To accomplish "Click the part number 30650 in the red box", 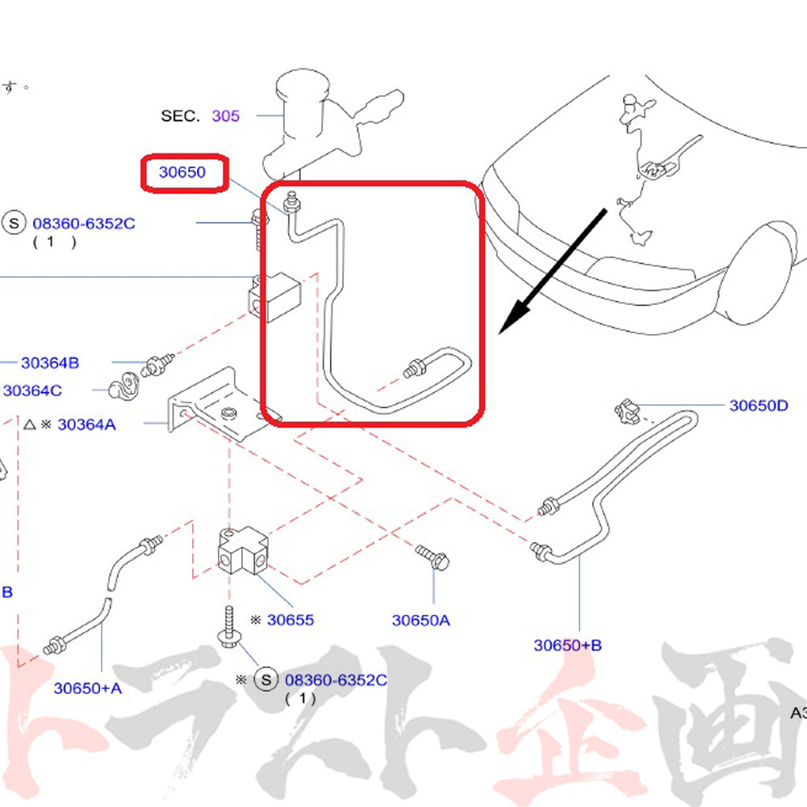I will (x=182, y=172).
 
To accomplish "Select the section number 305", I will (x=226, y=115).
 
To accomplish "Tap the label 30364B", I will (x=50, y=363).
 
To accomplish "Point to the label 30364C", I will (x=32, y=391).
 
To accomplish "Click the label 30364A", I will (x=86, y=424).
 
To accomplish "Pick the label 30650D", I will (x=759, y=405).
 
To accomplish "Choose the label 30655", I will (x=291, y=620).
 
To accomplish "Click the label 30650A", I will (x=421, y=620).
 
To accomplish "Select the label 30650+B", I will (x=567, y=645).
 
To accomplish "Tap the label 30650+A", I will (x=88, y=688).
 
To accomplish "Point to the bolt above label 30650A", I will (x=434, y=557).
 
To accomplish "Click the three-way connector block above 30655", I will (x=240, y=552).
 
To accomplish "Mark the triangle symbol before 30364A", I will (x=28, y=424).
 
